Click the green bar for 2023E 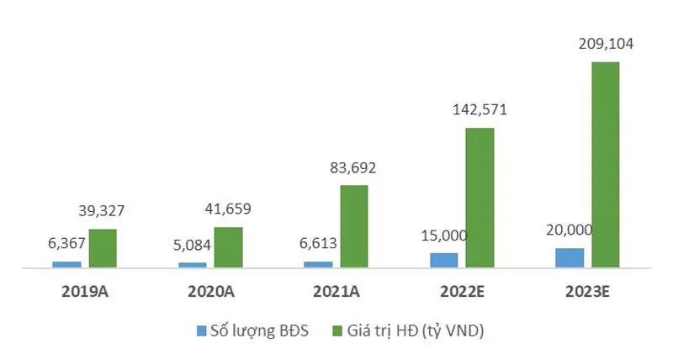[605, 165]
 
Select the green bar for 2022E [480, 198]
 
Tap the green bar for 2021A [353, 226]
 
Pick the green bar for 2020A [228, 247]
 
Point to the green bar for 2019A [103, 248]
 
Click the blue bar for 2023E [570, 258]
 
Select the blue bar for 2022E [444, 260]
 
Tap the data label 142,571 [480, 109]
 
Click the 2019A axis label [84, 293]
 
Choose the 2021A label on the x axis [335, 293]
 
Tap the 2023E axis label [586, 293]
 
